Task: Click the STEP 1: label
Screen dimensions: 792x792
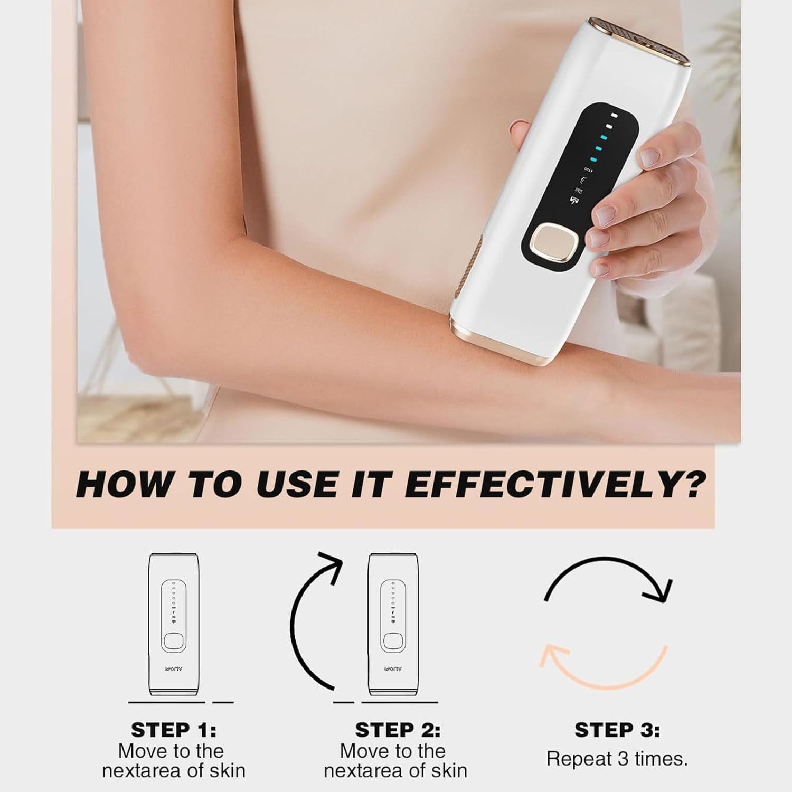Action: [173, 730]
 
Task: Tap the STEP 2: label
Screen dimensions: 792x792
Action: [397, 730]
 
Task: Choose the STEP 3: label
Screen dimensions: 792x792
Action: [617, 730]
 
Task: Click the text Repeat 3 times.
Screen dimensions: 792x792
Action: [617, 759]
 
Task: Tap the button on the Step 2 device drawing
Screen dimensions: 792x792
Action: [391, 642]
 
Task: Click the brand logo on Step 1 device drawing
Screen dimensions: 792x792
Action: [172, 668]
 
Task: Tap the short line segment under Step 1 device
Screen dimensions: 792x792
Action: [223, 702]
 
